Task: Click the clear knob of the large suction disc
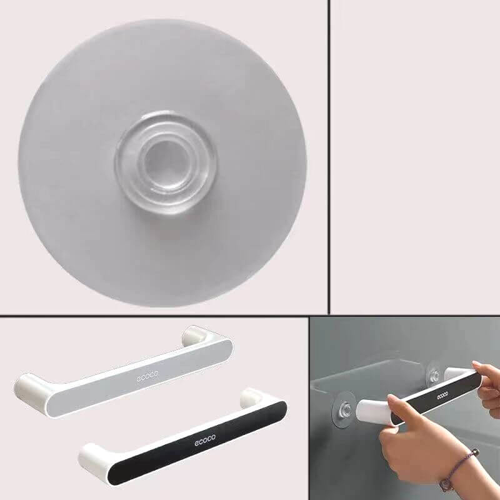click(166, 161)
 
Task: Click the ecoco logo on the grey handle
click(147, 377)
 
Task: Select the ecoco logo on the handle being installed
click(442, 396)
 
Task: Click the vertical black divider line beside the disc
click(329, 157)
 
